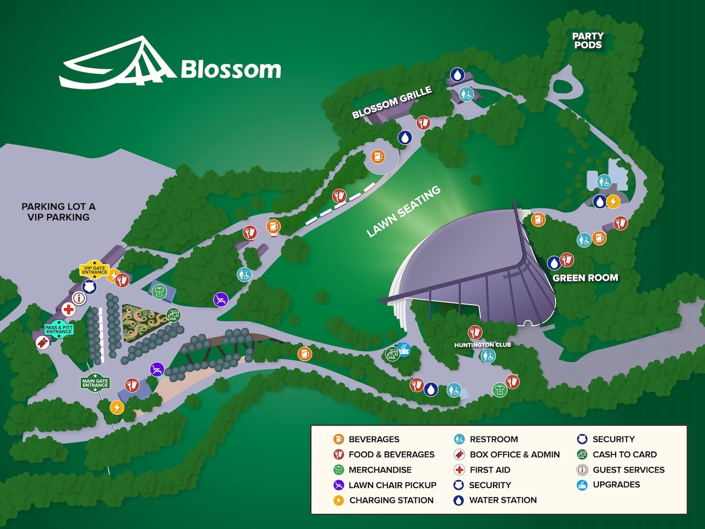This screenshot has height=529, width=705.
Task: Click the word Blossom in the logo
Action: (230, 70)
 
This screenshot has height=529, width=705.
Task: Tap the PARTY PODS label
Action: (587, 40)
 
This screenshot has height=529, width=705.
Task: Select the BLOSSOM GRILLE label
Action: (392, 102)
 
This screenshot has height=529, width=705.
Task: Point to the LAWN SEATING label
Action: (403, 211)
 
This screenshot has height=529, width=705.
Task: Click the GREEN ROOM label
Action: (585, 278)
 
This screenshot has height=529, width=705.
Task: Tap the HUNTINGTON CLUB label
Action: (482, 345)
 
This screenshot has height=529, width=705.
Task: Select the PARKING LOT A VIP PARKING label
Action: (58, 212)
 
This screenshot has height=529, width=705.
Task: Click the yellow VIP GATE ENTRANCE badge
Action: (94, 270)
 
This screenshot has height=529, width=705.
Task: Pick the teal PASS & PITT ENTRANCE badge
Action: (59, 329)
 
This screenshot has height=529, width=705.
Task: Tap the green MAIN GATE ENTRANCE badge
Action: (95, 383)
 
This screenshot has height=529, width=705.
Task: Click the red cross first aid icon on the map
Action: (69, 310)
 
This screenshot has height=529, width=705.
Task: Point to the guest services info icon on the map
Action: (79, 298)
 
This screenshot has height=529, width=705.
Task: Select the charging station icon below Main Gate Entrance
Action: (117, 407)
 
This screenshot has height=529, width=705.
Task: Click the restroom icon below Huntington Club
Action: (488, 357)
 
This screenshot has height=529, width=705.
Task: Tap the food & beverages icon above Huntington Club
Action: (475, 332)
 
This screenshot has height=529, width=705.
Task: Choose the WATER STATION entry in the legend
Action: (502, 500)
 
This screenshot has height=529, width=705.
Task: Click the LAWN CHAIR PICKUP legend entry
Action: (392, 485)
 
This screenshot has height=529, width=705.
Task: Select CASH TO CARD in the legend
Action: (624, 454)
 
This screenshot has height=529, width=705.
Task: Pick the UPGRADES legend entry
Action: (616, 484)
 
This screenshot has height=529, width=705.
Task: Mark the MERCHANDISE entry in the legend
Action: (380, 470)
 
